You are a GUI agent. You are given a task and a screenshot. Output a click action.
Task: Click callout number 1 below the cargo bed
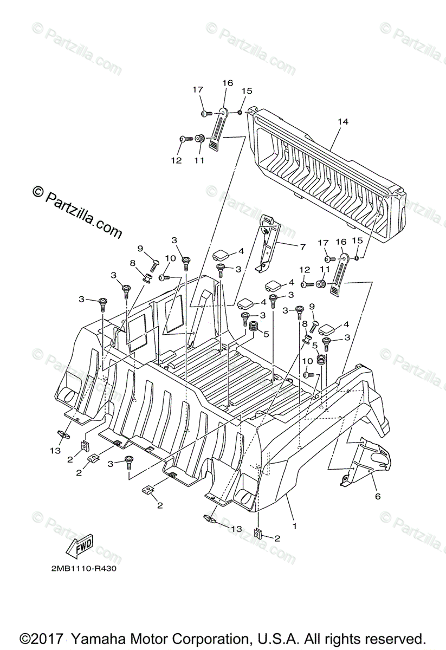pos(295,525)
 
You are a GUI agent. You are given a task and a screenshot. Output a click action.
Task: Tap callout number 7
pos(302,246)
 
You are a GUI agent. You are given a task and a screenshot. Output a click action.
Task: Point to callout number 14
pos(342,122)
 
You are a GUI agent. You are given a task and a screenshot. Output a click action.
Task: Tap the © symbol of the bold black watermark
pos(38,192)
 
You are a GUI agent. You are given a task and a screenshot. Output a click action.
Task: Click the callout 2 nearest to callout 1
pos(277,538)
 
